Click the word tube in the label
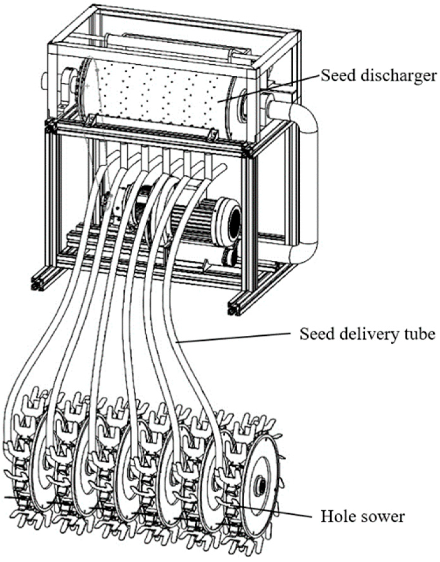[x=420, y=334]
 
